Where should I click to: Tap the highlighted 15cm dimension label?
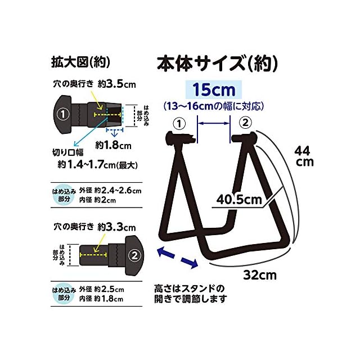click(x=213, y=89)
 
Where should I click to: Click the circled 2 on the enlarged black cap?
click(x=134, y=255)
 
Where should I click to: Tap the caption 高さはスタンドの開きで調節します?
click(x=191, y=294)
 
